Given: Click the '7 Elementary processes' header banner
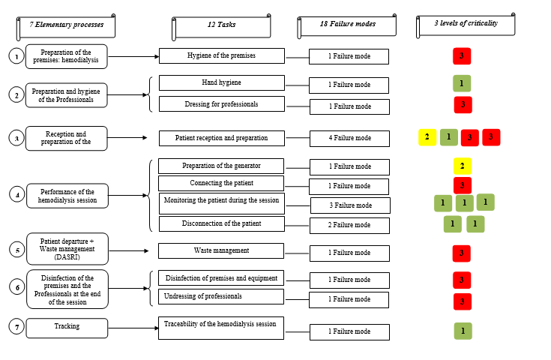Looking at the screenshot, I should [x=66, y=26].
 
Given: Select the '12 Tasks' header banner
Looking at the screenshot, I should [x=221, y=26].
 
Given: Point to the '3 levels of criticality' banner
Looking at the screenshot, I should [x=466, y=25].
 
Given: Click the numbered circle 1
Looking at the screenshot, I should [x=16, y=56].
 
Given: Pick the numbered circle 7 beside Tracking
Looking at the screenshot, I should [x=16, y=326].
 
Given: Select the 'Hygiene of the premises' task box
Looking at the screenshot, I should [x=221, y=56].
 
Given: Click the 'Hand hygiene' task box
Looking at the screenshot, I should [x=221, y=82].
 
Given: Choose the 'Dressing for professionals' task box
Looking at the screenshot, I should [x=221, y=104].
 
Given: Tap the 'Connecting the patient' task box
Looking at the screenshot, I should [x=221, y=184].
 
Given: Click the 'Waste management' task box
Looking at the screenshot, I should [x=221, y=250].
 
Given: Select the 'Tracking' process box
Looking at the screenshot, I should [x=67, y=326].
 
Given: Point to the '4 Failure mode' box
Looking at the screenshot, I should [x=349, y=138].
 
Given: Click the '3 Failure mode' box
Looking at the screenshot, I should [x=349, y=205].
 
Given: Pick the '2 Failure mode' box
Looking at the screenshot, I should [x=349, y=225].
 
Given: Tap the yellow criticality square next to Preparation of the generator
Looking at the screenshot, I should [x=463, y=166].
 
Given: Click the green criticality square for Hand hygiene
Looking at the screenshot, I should [x=462, y=84].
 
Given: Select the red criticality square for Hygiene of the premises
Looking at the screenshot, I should [x=462, y=56].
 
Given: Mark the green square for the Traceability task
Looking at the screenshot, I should [x=463, y=331].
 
